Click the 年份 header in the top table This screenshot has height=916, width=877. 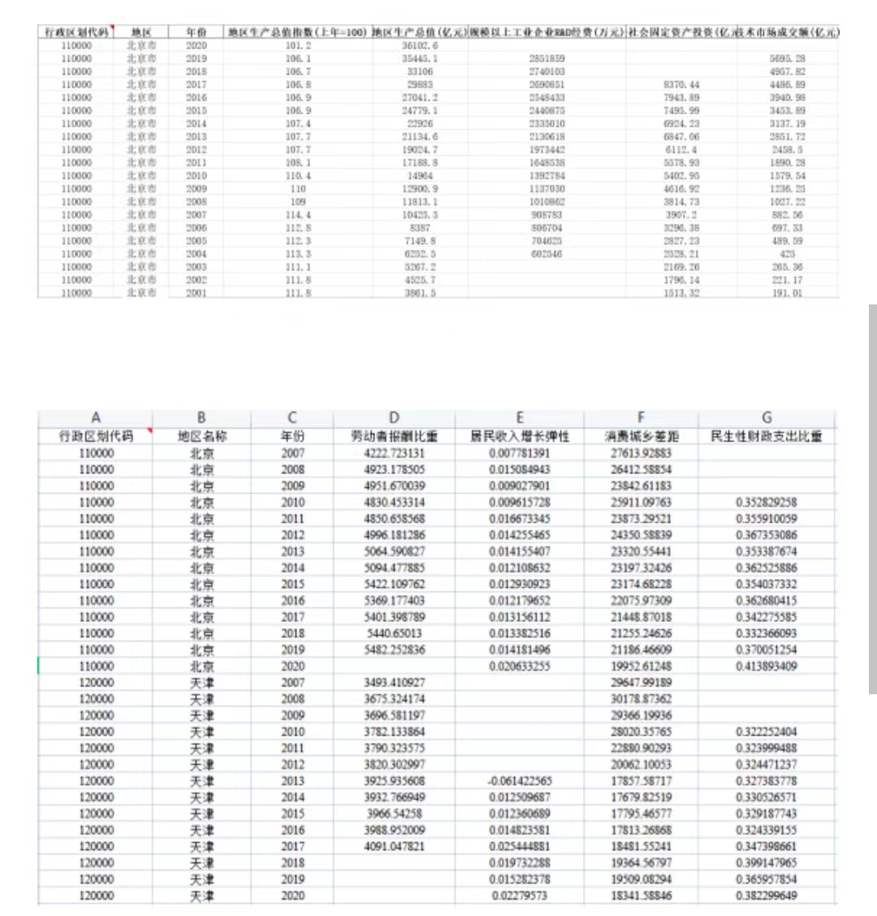pos(196,32)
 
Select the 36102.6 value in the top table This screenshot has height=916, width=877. pos(420,45)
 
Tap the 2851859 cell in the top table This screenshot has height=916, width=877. pos(547,58)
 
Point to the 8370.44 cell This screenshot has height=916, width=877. pos(681,84)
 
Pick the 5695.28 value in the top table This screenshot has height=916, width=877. pos(788,58)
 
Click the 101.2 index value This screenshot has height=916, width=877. pos(298,45)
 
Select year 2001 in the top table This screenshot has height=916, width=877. pos(196,293)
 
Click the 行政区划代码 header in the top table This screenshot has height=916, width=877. pos(76,32)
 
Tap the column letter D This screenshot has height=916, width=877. pos(394,418)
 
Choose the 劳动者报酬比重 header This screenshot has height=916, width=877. pos(394,436)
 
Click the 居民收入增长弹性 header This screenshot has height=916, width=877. pos(520,436)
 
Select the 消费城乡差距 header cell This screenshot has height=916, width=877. pos(641,436)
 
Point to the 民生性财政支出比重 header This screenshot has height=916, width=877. pos(767,436)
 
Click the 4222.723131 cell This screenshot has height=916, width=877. pos(394,453)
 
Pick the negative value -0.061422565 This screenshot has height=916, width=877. pos(520,781)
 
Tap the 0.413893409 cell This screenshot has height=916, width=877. pos(767,666)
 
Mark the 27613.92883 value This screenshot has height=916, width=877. pos(641,453)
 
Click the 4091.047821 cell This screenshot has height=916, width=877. pos(394,846)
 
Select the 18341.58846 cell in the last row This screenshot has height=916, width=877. pos(641,896)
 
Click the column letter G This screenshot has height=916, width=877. pos(767,418)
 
